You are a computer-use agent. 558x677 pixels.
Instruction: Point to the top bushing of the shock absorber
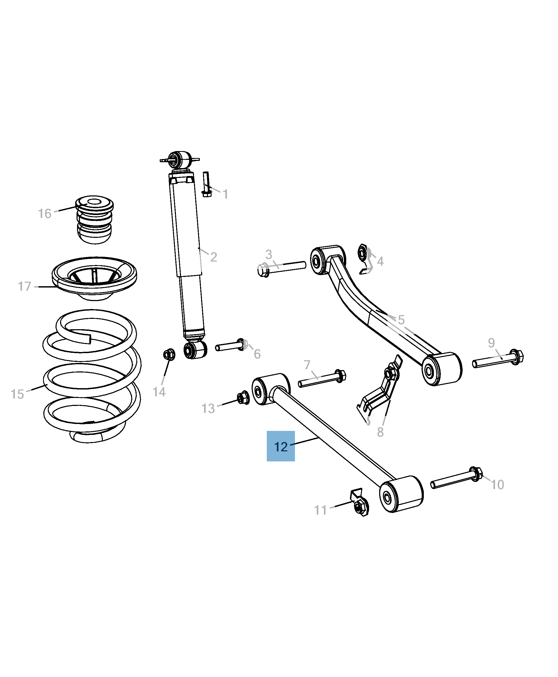coord(180,160)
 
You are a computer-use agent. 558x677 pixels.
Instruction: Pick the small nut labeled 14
coord(169,354)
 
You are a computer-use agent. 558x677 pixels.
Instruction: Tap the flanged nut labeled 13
coord(243,398)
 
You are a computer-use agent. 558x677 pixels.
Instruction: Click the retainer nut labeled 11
coord(359,505)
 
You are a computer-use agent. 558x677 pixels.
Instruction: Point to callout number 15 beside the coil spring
coord(17,394)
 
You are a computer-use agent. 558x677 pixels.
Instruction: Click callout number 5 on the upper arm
coord(401,320)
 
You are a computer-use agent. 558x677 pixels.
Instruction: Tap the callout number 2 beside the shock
coord(213,257)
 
